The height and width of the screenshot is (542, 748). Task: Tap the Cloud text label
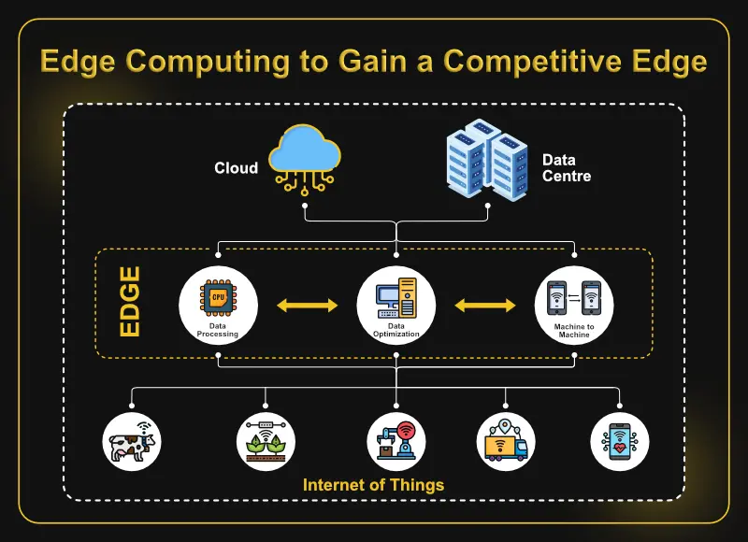(x=237, y=168)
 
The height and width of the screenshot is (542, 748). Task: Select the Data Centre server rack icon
(x=487, y=160)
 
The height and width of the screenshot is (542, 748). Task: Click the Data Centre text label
(x=567, y=168)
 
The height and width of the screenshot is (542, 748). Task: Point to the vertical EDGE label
(x=130, y=302)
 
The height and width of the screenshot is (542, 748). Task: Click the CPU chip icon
(x=218, y=297)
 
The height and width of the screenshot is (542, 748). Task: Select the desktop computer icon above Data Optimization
(x=396, y=298)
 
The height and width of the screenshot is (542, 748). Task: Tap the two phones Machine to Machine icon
(x=574, y=298)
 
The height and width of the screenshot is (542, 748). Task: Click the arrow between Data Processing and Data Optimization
(x=308, y=305)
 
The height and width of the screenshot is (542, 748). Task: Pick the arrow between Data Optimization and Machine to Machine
(x=485, y=305)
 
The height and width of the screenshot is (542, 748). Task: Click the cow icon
(x=132, y=442)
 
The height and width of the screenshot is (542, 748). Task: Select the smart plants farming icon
(x=266, y=441)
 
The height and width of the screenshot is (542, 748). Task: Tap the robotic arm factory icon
(x=396, y=440)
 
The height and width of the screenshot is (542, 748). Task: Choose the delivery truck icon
(x=506, y=440)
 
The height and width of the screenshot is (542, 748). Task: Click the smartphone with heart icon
(x=620, y=441)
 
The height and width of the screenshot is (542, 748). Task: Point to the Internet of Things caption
(x=373, y=485)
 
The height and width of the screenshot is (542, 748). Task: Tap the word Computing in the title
(x=208, y=62)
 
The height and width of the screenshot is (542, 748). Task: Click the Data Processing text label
(x=218, y=330)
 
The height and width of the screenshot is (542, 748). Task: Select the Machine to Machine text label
(x=574, y=331)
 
